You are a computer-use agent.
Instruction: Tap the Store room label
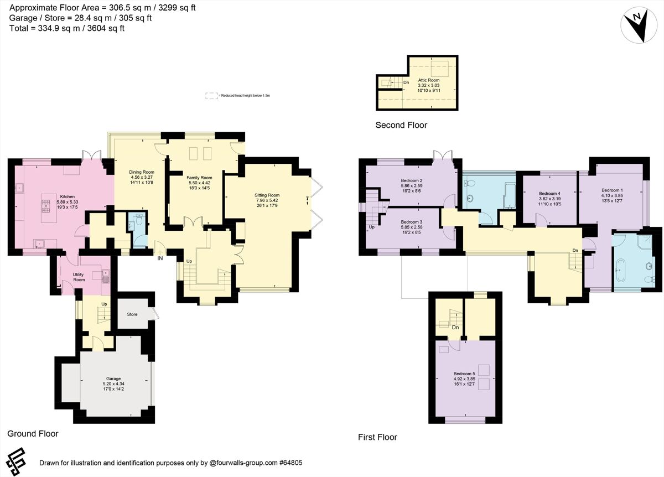point(132,314)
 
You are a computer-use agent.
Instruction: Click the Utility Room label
point(79,277)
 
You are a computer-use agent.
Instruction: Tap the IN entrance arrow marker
point(160,255)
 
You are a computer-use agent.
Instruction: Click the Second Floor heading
point(401,125)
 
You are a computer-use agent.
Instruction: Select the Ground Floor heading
point(33,434)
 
